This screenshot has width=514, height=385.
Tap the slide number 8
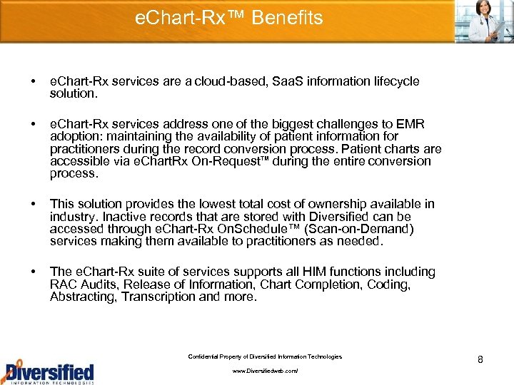click(x=480, y=359)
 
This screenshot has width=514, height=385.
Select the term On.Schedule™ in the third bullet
click(x=273, y=229)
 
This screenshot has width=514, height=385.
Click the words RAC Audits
click(x=87, y=284)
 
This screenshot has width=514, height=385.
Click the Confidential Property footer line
click(x=264, y=356)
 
